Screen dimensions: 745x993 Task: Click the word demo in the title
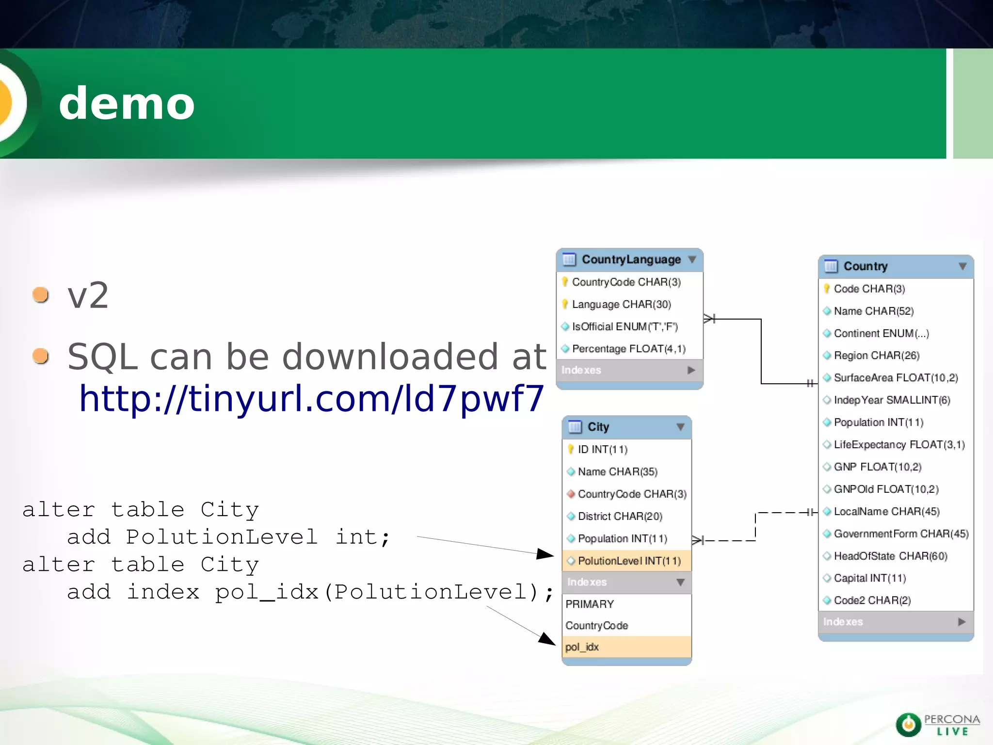pos(127,103)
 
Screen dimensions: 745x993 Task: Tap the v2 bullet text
pos(88,295)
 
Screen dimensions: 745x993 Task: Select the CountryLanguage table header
pos(631,259)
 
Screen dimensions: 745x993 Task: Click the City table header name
pos(598,427)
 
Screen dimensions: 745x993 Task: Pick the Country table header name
pos(865,266)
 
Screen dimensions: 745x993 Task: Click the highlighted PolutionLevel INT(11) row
pos(629,561)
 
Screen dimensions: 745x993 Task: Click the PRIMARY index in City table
pos(590,604)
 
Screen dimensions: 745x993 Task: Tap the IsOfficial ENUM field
pos(625,326)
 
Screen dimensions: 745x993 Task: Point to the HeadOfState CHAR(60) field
pos(890,556)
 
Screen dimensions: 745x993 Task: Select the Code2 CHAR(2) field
pos(872,600)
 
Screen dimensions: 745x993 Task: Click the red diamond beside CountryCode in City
pos(571,494)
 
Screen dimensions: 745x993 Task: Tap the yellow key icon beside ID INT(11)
pos(571,449)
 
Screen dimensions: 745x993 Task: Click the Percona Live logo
pos(937,725)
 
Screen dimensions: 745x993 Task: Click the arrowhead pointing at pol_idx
pos(548,639)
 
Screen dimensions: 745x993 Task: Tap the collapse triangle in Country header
pos(962,266)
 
